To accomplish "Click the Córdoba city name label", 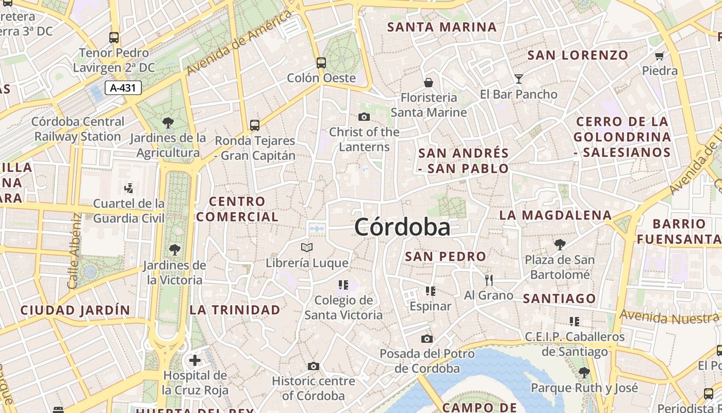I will (402, 227).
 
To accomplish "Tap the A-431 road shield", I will (123, 88).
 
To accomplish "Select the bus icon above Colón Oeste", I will (321, 63).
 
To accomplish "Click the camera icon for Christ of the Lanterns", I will (364, 117).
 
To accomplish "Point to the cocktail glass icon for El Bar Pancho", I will (519, 79).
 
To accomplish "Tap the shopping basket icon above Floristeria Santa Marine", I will (429, 83).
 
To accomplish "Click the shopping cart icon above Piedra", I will (659, 56).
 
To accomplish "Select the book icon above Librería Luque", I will (307, 248).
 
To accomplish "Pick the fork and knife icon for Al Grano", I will (489, 280).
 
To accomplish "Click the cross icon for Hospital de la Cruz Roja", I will (195, 360).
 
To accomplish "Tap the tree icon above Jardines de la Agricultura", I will (168, 123).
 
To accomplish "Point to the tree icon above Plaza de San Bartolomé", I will (560, 244).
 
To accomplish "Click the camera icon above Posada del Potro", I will (427, 339).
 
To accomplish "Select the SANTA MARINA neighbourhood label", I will (442, 27).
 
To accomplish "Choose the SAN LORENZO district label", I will (578, 55).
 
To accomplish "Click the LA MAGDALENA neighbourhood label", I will (555, 215).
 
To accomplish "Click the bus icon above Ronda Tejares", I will (255, 125).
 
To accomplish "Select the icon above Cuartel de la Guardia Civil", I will (129, 188).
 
